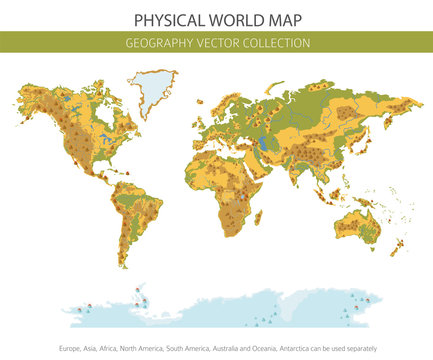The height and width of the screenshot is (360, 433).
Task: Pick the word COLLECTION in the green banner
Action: click(x=278, y=43)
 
